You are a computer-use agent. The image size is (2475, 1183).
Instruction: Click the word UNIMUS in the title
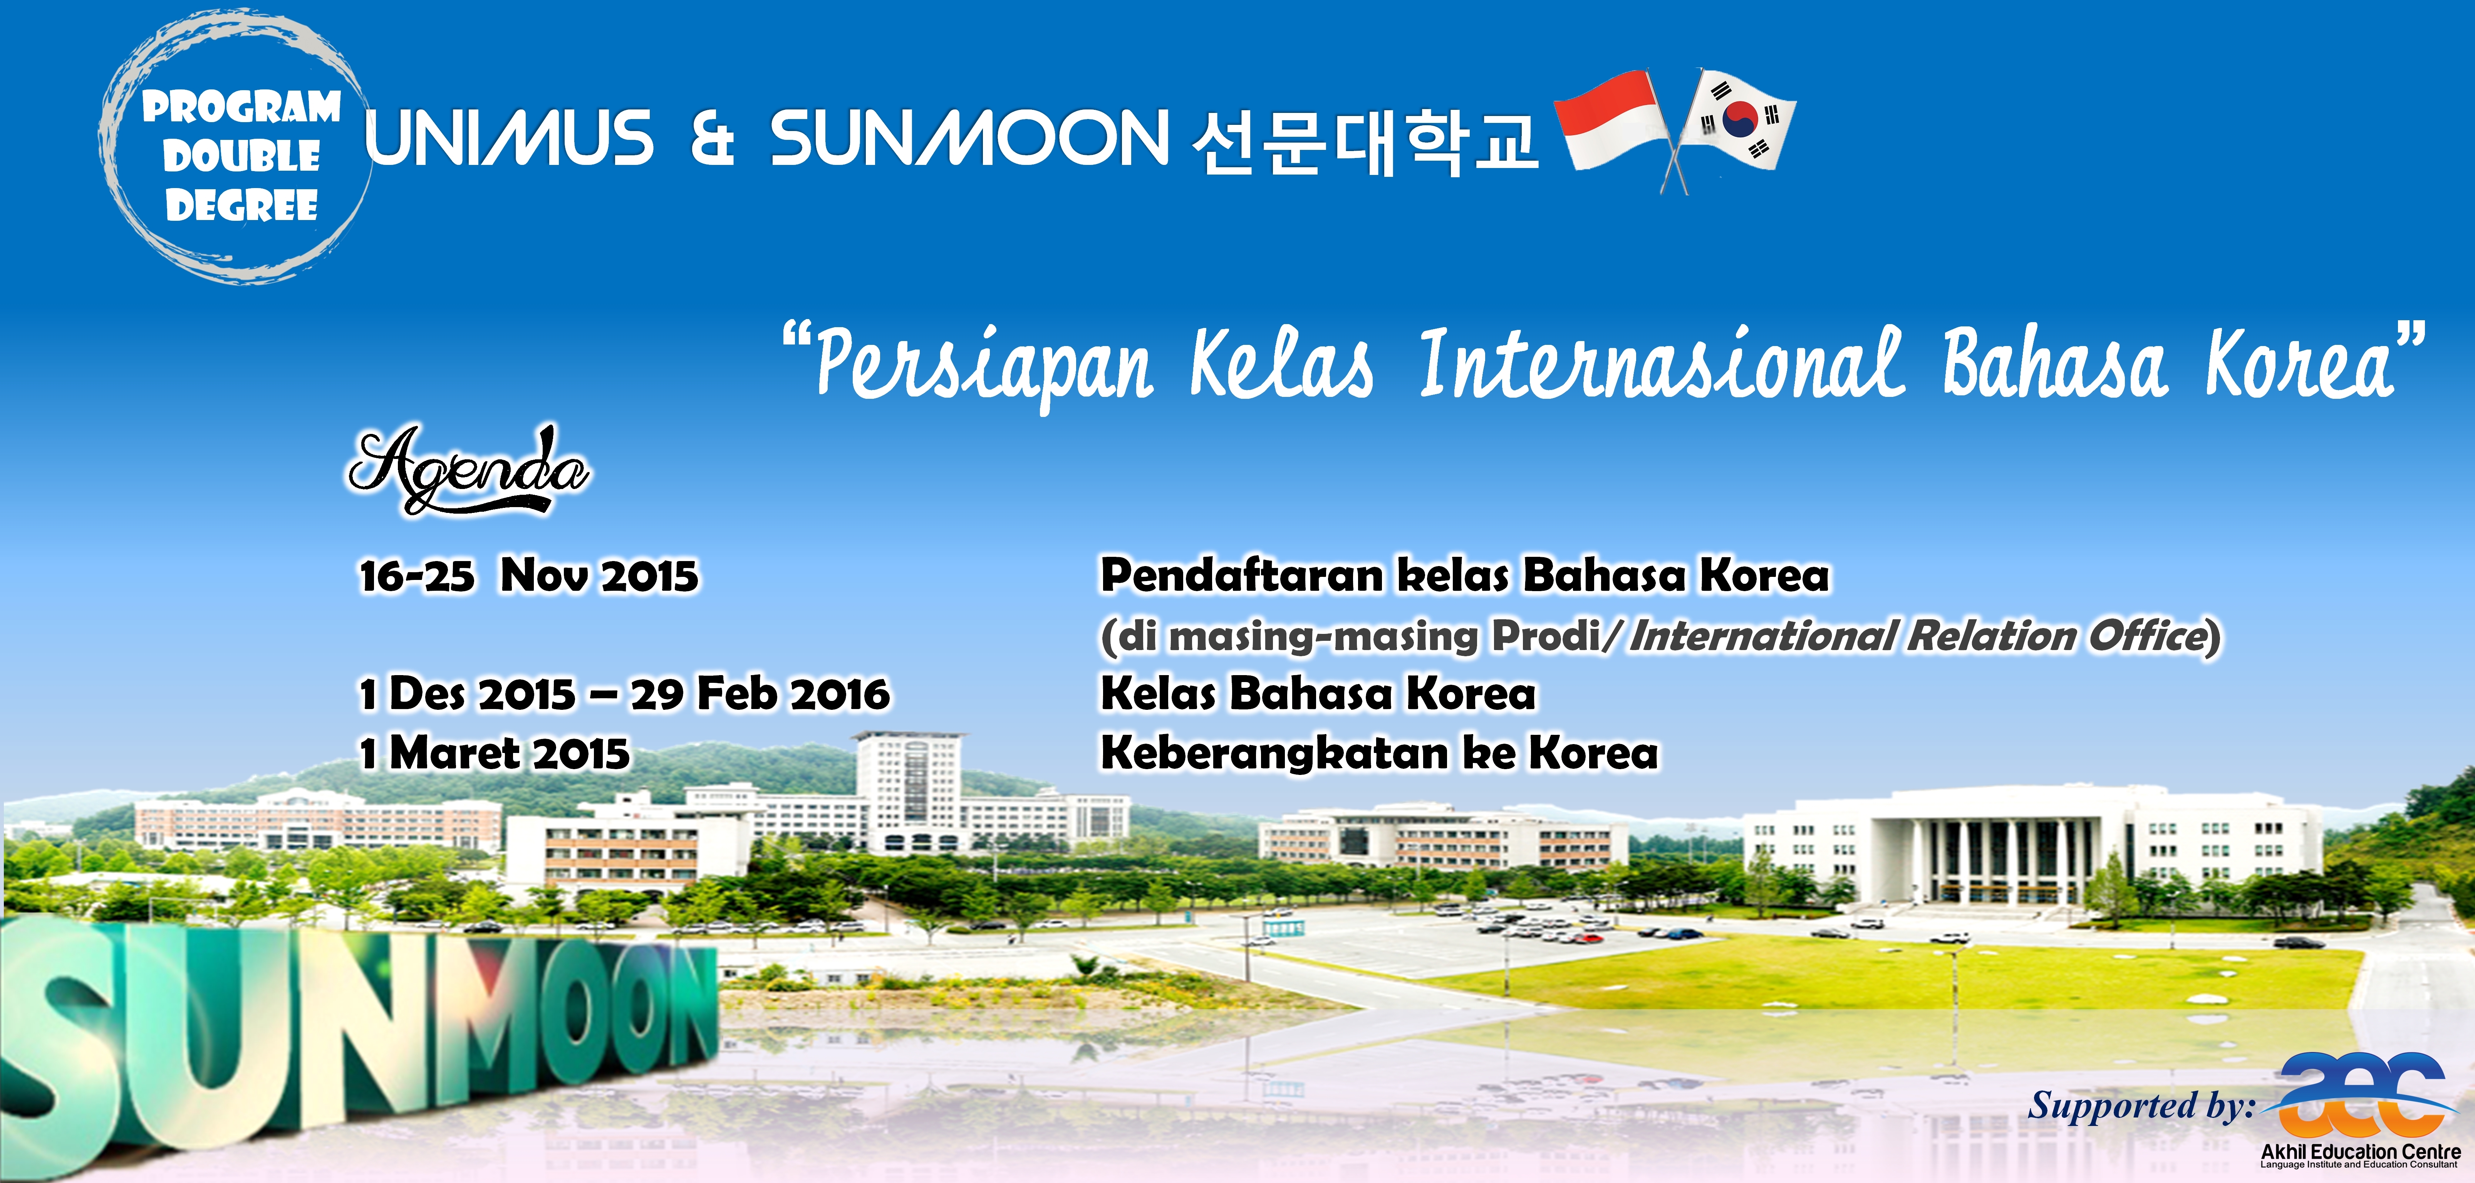[509, 138]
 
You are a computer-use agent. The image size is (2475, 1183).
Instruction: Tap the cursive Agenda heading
[469, 469]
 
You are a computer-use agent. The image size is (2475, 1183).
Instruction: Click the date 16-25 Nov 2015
[528, 576]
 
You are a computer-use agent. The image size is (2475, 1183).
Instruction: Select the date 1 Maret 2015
[495, 753]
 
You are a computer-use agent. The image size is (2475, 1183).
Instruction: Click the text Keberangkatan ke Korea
[1379, 753]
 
